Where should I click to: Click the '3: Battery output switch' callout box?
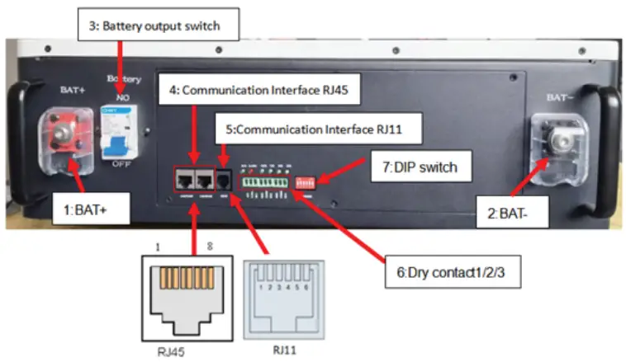click(x=153, y=26)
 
